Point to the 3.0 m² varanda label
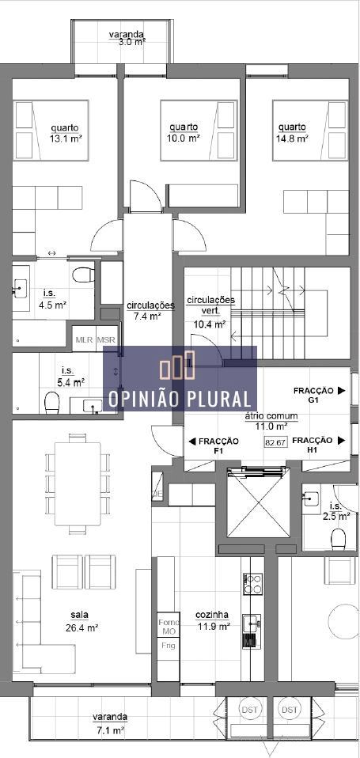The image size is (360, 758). tap(126, 38)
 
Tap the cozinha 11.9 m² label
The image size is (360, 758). tap(213, 620)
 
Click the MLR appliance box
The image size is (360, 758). tap(84, 339)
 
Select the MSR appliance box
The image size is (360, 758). tap(106, 339)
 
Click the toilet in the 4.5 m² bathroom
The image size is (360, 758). tap(81, 276)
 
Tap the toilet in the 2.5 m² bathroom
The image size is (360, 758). tap(338, 539)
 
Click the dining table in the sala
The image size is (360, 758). tap(78, 483)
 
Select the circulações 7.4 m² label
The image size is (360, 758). tap(150, 310)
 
